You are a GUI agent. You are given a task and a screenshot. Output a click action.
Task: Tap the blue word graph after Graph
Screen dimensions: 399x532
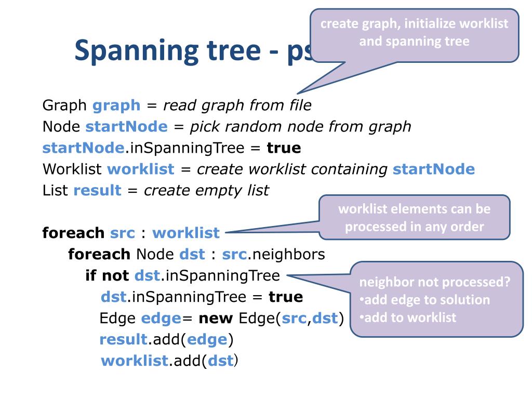(x=116, y=105)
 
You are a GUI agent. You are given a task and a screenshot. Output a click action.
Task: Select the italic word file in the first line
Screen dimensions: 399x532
(x=300, y=105)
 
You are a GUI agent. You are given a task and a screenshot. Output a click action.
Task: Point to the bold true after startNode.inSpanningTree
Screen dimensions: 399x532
(x=284, y=148)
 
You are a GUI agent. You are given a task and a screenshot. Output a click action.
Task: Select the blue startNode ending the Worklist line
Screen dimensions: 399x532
(x=434, y=169)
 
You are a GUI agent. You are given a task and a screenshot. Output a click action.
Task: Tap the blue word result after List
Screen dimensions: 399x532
(x=97, y=191)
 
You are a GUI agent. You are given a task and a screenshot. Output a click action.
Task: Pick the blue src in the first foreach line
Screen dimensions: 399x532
(x=123, y=233)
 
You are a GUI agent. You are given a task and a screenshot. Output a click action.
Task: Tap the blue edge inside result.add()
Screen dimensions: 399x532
(x=207, y=339)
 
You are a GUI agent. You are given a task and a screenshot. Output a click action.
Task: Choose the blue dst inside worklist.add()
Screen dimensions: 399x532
(x=220, y=361)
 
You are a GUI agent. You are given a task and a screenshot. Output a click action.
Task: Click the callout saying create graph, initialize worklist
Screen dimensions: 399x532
(x=414, y=33)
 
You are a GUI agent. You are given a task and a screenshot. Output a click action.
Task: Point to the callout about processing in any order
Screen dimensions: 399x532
(x=414, y=218)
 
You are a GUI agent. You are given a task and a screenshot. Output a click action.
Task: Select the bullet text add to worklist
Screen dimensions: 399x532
(x=410, y=317)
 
